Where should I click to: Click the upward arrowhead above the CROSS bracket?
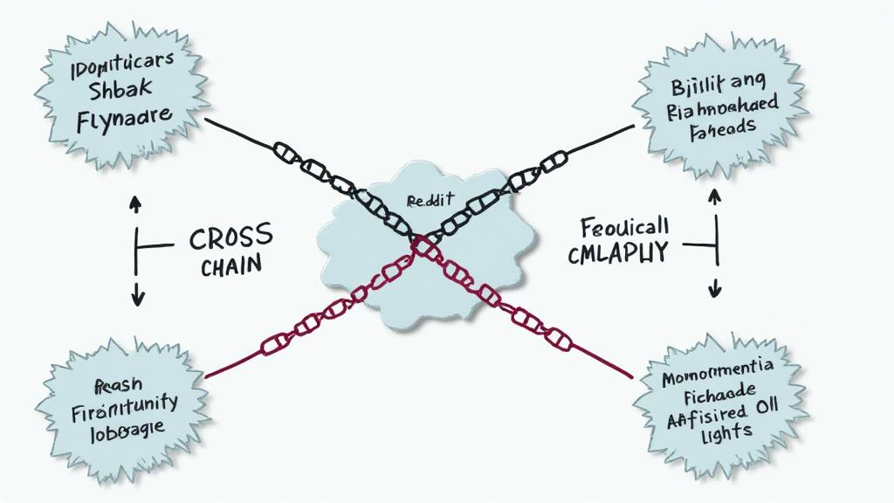tap(136, 203)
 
